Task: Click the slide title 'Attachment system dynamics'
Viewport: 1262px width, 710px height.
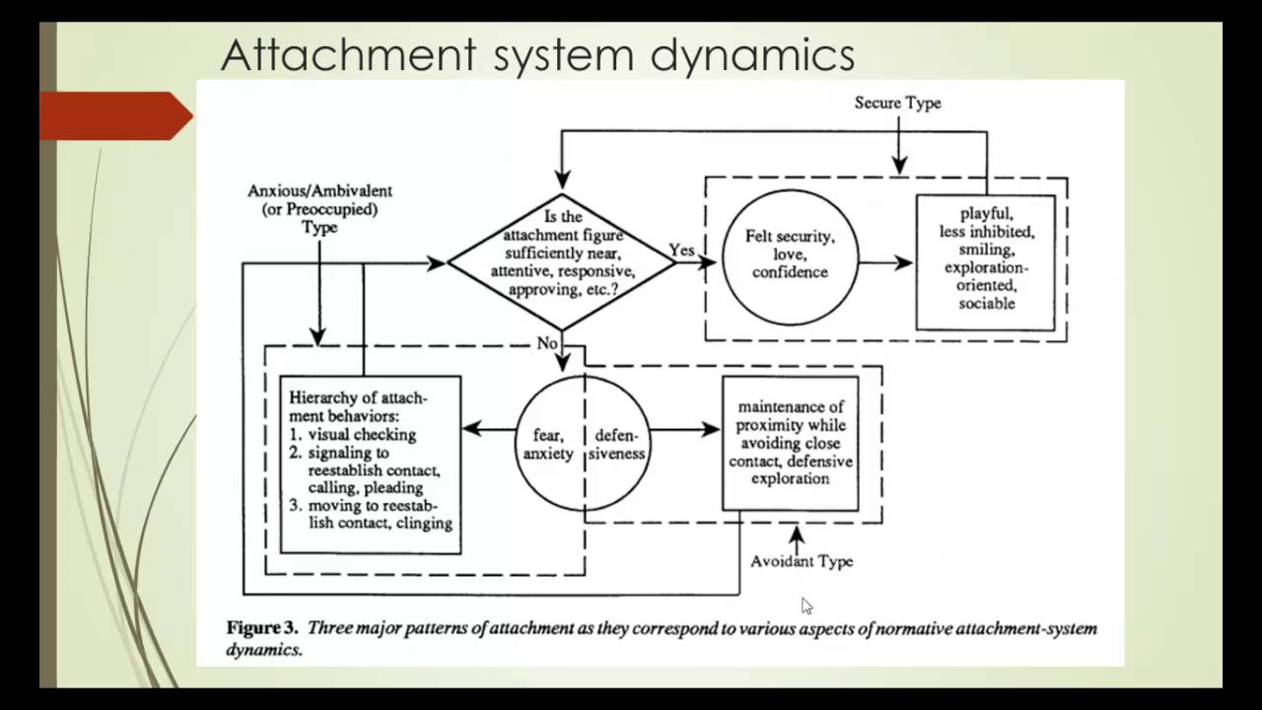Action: click(537, 55)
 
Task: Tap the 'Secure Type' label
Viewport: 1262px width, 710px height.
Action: click(897, 103)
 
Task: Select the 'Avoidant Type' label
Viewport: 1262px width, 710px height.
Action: click(802, 561)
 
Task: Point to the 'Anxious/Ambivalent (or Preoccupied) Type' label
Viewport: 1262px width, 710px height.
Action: click(319, 208)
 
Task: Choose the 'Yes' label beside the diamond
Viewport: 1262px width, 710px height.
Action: click(682, 250)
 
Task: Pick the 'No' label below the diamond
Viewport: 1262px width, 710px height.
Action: click(547, 343)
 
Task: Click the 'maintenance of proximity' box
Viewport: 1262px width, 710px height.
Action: click(790, 443)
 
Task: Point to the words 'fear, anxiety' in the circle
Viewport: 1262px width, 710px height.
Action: click(547, 444)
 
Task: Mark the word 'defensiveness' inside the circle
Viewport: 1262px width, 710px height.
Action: click(619, 444)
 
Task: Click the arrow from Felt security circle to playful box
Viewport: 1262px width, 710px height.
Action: click(886, 262)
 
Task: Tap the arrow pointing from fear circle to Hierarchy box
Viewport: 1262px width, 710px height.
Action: click(489, 429)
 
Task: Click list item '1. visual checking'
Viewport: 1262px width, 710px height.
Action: click(353, 434)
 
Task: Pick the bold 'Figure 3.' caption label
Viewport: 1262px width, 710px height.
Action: click(262, 628)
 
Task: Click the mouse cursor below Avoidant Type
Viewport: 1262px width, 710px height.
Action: click(806, 605)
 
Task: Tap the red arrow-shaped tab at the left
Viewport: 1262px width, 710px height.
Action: click(114, 115)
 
